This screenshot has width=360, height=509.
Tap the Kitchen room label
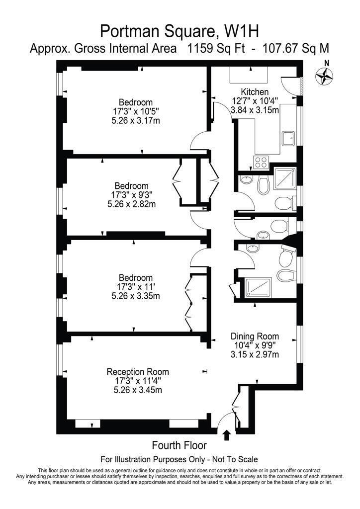click(255, 92)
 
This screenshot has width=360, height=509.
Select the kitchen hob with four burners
click(261, 162)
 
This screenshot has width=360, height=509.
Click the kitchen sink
click(288, 139)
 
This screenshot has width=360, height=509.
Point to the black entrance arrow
click(227, 435)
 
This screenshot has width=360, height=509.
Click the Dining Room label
click(255, 336)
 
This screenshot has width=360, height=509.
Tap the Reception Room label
click(138, 372)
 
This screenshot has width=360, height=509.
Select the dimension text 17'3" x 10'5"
click(136, 111)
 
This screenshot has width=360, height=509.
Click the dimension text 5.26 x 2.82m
click(131, 204)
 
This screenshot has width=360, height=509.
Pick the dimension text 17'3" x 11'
click(136, 287)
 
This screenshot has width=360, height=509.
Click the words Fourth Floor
click(179, 445)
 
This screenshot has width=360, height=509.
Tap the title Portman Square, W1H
click(180, 32)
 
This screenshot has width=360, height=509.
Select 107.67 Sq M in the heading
click(295, 48)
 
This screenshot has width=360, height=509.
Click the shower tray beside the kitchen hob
click(285, 178)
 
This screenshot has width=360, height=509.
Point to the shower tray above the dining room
click(258, 288)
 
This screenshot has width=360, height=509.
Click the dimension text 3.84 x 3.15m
click(255, 110)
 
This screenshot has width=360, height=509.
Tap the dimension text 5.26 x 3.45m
click(138, 390)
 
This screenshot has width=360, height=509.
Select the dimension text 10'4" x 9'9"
click(255, 345)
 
